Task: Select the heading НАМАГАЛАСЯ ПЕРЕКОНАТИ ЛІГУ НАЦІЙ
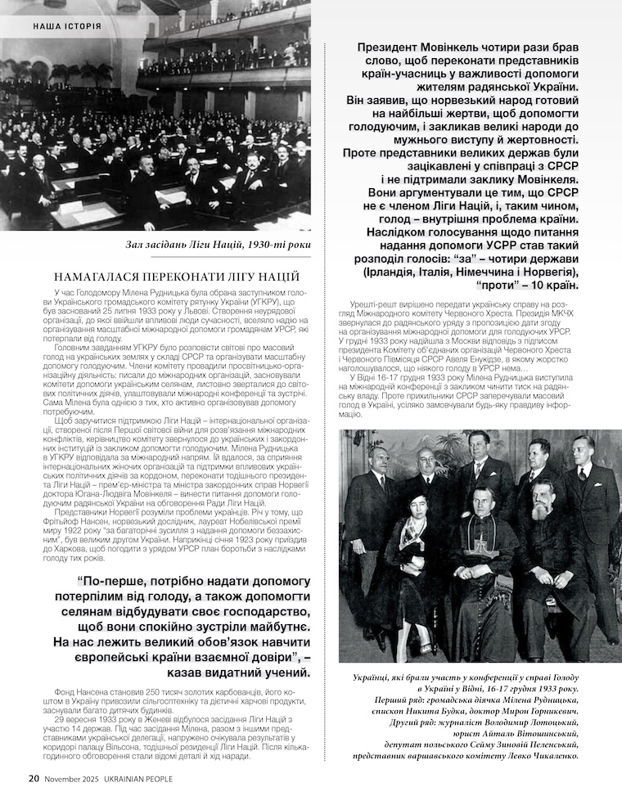176,277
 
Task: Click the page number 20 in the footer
34,778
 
